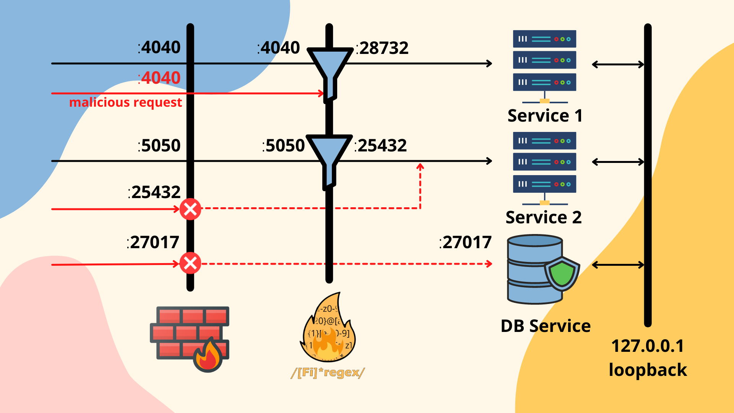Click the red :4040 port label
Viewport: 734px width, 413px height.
[159, 78]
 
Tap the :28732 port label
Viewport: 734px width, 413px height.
[382, 48]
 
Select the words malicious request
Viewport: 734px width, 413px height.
[125, 102]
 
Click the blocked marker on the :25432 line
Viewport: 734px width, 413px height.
[190, 209]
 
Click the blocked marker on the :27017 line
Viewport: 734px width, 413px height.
[190, 263]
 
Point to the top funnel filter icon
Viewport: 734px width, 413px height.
[330, 69]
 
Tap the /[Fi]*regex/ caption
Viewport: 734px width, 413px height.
[328, 372]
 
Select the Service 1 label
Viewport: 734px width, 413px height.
[545, 115]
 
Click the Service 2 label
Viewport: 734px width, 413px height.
[544, 217]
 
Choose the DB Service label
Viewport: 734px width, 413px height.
[546, 326]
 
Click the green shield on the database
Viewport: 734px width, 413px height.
[562, 273]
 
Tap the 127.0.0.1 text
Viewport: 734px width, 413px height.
[648, 346]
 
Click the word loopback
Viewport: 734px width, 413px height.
[648, 370]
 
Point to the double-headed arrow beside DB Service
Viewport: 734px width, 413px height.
[618, 265]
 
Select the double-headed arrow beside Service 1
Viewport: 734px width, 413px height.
[618, 65]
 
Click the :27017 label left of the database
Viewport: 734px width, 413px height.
[465, 242]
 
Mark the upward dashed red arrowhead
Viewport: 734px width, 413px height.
[420, 166]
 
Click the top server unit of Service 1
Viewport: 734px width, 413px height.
[544, 39]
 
